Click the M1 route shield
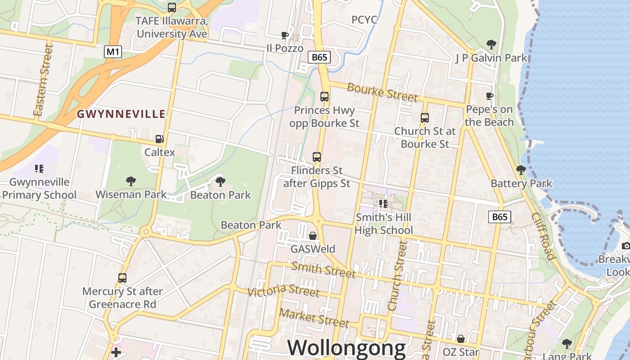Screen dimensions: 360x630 [x=112, y=52]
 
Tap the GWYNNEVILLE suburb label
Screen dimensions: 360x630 [x=121, y=114]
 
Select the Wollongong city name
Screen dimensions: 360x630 [x=346, y=348]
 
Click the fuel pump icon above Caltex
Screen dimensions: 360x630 [x=159, y=139]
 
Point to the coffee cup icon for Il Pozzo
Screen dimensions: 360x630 [x=284, y=35]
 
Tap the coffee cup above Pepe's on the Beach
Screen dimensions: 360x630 [x=490, y=96]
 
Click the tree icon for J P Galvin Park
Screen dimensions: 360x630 [x=491, y=45]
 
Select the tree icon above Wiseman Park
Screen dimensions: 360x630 [x=131, y=181]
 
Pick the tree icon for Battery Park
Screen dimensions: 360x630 [x=521, y=170]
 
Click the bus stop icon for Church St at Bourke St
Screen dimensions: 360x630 [x=425, y=118]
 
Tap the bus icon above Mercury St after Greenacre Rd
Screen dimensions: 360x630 [x=122, y=278]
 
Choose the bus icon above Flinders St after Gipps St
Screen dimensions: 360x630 [x=317, y=157]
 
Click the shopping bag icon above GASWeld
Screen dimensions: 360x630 [x=313, y=235]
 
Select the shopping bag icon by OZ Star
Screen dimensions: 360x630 [x=460, y=338]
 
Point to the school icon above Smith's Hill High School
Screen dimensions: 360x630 [x=383, y=204]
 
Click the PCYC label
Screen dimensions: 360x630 [x=364, y=20]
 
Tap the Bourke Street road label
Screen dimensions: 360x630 [x=382, y=92]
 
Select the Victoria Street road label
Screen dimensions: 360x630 [x=283, y=290]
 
